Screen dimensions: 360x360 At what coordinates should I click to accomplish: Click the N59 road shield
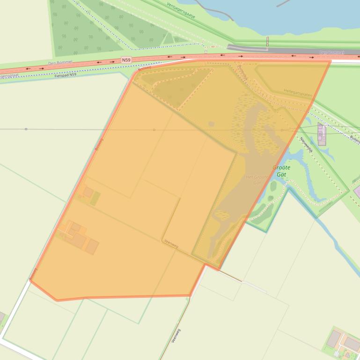click(126, 60)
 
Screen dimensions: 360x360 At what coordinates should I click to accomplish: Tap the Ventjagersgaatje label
click(181, 10)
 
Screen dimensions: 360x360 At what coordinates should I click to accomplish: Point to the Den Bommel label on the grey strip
click(332, 53)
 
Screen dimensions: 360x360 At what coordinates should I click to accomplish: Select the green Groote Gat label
click(281, 171)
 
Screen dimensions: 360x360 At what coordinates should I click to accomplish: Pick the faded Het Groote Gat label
click(257, 180)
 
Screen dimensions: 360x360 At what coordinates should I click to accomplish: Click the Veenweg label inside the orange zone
click(171, 243)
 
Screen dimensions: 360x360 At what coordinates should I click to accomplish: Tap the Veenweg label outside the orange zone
click(176, 336)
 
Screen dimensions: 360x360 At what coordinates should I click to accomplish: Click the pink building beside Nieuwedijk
click(321, 134)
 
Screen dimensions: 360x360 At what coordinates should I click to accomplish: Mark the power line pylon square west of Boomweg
click(26, 129)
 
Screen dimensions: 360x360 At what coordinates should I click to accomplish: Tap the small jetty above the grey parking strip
click(268, 41)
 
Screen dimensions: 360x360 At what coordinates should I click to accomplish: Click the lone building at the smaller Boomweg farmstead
click(88, 192)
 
